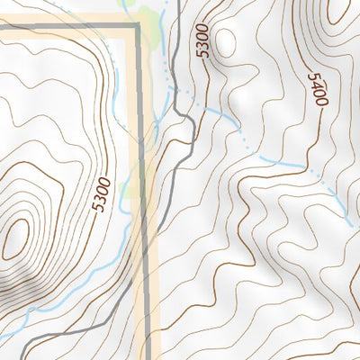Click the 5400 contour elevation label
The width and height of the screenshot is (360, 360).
pyautogui.click(x=316, y=90)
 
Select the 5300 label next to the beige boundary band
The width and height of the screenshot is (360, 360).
pyautogui.click(x=103, y=194)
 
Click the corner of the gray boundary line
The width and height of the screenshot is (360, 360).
pyautogui.click(x=138, y=27)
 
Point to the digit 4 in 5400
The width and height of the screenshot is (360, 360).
pyautogui.click(x=315, y=85)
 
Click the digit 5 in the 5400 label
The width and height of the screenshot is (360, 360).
pyautogui.click(x=312, y=77)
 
